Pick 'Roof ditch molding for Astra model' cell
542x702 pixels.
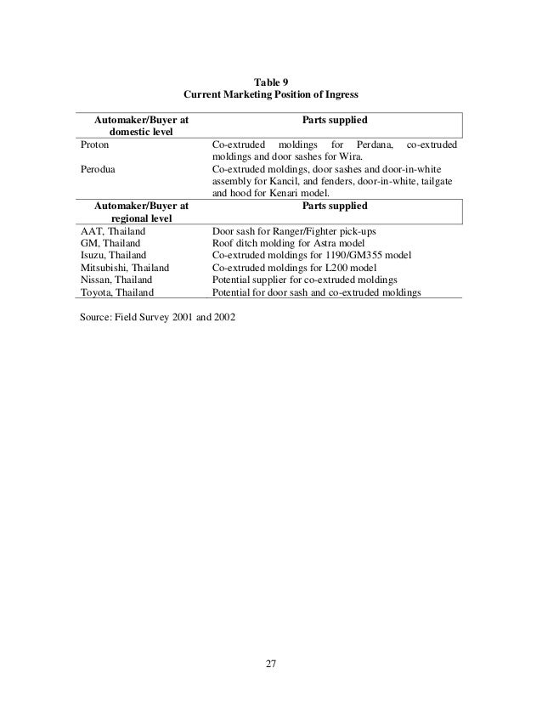pos(289,243)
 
